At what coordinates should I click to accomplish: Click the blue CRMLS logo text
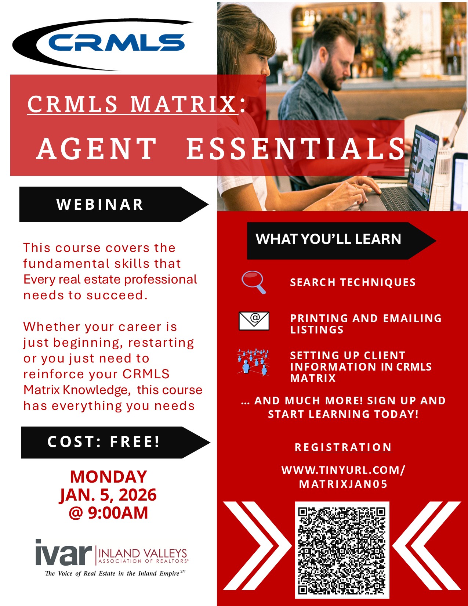coord(116,42)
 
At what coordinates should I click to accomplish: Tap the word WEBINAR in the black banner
coord(100,205)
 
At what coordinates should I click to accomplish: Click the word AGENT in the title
coord(96,149)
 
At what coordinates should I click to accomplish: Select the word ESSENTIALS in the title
coord(295,149)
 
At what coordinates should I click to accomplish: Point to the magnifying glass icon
coord(254,282)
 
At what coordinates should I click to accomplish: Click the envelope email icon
coord(254,321)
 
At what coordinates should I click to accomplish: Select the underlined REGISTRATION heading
coord(344,447)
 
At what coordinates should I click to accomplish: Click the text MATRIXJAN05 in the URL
coord(344,484)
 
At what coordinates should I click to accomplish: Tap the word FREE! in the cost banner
coord(135,442)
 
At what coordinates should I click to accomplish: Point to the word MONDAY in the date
coord(108,477)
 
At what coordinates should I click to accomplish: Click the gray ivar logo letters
coord(64,552)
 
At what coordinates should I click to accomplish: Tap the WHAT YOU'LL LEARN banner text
coord(329,239)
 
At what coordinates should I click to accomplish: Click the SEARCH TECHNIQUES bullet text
coord(353,282)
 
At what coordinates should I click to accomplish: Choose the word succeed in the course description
coord(117,295)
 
